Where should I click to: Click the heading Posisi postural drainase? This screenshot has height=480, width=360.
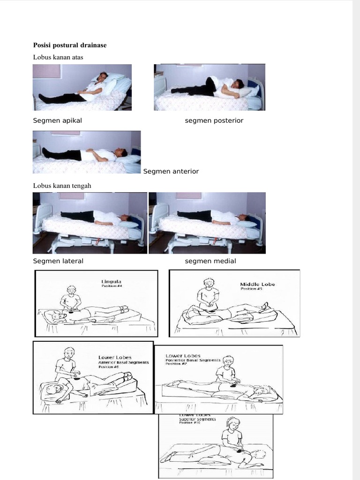click(x=70, y=45)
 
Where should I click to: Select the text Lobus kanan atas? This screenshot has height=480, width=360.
click(x=58, y=57)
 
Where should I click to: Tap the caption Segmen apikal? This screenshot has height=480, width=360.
click(x=57, y=120)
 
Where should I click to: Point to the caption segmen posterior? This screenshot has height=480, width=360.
click(x=214, y=120)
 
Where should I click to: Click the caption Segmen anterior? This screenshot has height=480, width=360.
click(x=171, y=171)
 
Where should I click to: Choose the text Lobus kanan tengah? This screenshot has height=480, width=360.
click(x=62, y=186)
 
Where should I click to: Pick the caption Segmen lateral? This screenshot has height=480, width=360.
click(x=58, y=261)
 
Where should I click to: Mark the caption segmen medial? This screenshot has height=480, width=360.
click(x=210, y=261)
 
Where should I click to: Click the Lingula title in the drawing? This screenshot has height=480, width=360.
click(x=111, y=282)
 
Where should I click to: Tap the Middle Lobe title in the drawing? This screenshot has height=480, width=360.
click(x=257, y=284)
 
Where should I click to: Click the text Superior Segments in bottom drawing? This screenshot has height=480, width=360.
click(x=197, y=419)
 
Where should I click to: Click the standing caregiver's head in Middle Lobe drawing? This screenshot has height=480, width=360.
click(x=209, y=283)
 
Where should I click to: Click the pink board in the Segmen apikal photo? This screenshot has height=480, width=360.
click(x=47, y=71)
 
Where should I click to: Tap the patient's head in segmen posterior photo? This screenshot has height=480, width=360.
click(x=238, y=84)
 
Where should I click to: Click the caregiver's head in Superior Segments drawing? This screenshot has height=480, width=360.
click(x=233, y=424)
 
